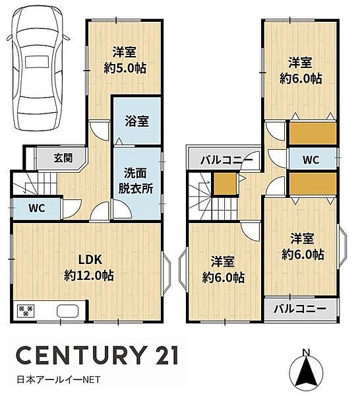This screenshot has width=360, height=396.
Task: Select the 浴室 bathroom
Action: [x=137, y=121]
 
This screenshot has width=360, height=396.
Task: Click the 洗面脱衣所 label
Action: [x=138, y=180]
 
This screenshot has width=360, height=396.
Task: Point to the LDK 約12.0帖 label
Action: [x=88, y=267]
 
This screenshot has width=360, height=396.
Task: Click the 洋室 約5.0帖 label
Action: [x=124, y=59]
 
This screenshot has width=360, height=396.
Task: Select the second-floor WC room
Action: [x=312, y=159]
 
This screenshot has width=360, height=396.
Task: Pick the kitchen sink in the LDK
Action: [x=68, y=311]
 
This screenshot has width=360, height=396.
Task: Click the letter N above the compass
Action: [x=306, y=351]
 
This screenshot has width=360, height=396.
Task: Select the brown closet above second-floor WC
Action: [x=313, y=134]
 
